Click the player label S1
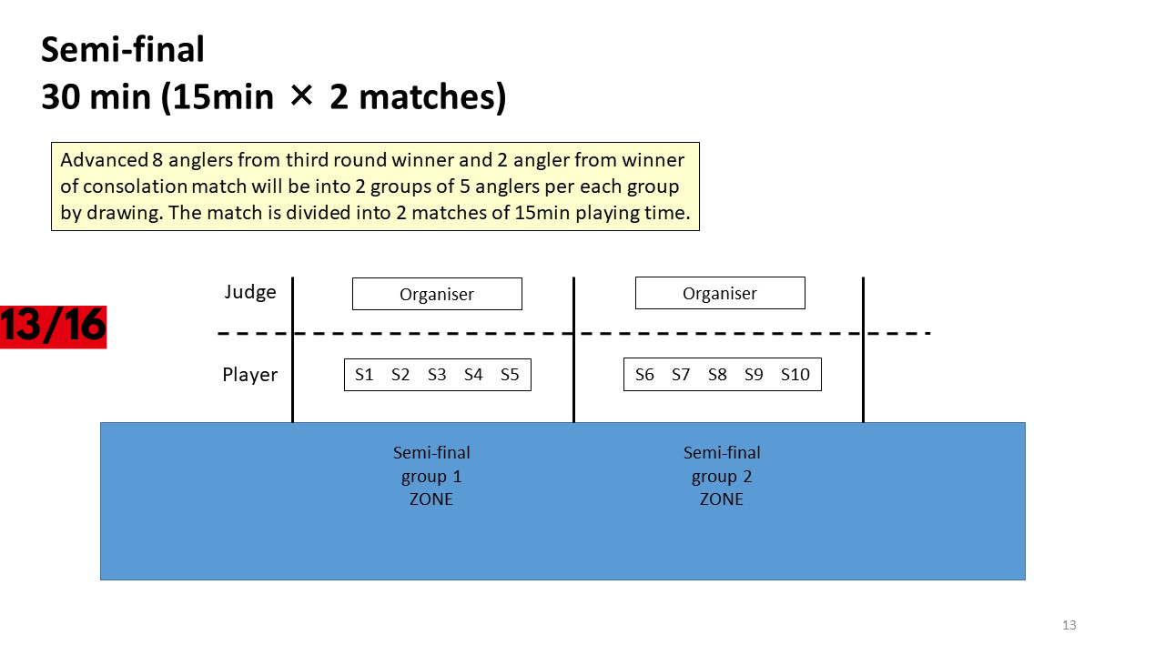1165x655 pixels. pos(364,374)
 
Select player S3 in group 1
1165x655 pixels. pos(437,374)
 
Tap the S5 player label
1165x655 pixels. pos(510,374)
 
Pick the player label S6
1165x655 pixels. pos(644,374)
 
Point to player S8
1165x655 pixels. pos(717,374)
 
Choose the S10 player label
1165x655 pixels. pos(795,374)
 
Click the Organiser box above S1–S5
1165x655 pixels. pos(437,294)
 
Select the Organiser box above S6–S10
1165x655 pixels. pos(720,293)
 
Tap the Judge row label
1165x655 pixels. pos(250,292)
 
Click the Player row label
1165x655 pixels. pos(250,374)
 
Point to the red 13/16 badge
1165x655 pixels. pos(53,327)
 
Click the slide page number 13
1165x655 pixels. pos(1069,625)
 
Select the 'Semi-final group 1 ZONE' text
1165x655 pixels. pos(431,476)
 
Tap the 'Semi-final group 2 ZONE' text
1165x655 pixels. pos(722,476)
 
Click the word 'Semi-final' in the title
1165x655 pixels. pos(123,50)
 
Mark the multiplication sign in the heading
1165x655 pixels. pos(301,96)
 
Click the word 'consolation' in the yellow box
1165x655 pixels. pos(136,186)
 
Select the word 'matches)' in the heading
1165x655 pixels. pos(432,97)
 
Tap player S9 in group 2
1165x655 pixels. pos(754,374)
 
